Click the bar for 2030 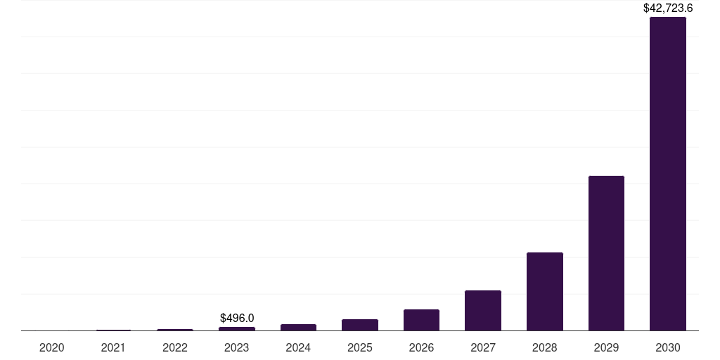pyautogui.click(x=667, y=174)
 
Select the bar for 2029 pyautogui.click(x=606, y=253)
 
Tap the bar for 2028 pyautogui.click(x=544, y=291)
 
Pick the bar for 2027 pyautogui.click(x=483, y=310)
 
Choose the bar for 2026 pyautogui.click(x=421, y=320)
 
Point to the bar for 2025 pyautogui.click(x=360, y=325)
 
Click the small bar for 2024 pyautogui.click(x=298, y=327)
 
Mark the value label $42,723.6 pyautogui.click(x=668, y=8)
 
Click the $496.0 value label pyautogui.click(x=237, y=319)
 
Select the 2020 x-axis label pyautogui.click(x=52, y=347)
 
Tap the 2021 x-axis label pyautogui.click(x=113, y=347)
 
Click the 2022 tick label pyautogui.click(x=175, y=347)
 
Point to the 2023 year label pyautogui.click(x=237, y=347)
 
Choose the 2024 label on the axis pyautogui.click(x=298, y=347)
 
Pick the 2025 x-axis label pyautogui.click(x=360, y=347)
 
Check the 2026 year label pyautogui.click(x=421, y=347)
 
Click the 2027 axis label pyautogui.click(x=483, y=347)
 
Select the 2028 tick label pyautogui.click(x=544, y=347)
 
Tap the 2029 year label pyautogui.click(x=606, y=347)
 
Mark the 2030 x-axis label pyautogui.click(x=667, y=347)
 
